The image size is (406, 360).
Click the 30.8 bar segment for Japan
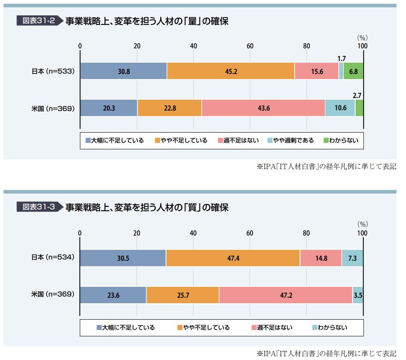[124, 71]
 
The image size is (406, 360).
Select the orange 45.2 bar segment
[231, 71]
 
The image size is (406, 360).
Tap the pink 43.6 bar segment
[263, 108]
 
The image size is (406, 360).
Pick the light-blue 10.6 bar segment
[340, 108]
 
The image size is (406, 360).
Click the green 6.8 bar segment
[353, 71]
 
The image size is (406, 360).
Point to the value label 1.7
[341, 58]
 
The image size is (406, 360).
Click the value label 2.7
[357, 95]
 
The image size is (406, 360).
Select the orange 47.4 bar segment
[233, 258]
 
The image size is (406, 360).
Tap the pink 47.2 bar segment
[285, 295]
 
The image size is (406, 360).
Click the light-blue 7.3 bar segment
[352, 258]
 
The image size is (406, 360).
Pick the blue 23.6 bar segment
[113, 295]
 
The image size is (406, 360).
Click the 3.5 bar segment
[358, 295]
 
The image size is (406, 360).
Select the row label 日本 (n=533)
[53, 71]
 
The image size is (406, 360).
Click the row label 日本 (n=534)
[53, 257]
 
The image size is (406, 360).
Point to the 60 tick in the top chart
[250, 46]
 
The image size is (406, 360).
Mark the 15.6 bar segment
[316, 71]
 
